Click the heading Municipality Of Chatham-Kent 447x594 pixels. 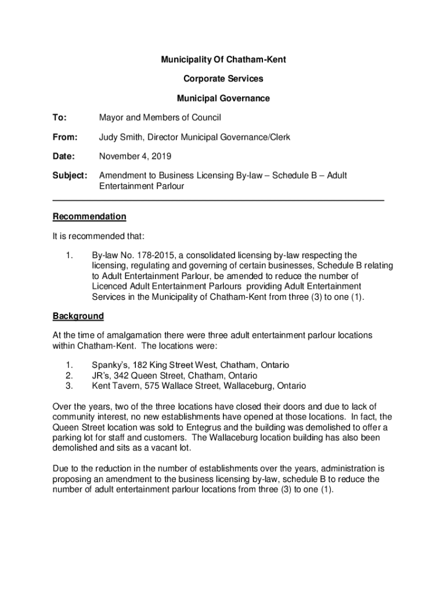click(223, 60)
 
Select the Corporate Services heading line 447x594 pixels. click(223, 79)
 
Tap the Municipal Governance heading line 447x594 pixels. click(223, 98)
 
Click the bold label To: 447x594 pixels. click(59, 118)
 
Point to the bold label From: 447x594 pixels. click(64, 137)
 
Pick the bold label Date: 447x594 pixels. click(63, 157)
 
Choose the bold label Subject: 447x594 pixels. click(70, 175)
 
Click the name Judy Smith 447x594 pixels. click(121, 137)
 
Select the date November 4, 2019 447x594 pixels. click(135, 157)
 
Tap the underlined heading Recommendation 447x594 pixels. click(89, 216)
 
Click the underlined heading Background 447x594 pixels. click(78, 316)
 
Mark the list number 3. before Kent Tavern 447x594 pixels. click(69, 386)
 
